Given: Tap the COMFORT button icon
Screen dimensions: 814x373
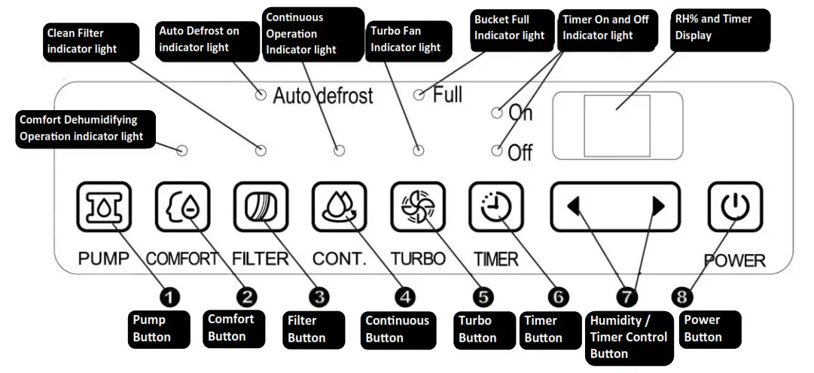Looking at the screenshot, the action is click(183, 206).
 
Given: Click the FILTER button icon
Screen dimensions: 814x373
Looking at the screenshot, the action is click(261, 206).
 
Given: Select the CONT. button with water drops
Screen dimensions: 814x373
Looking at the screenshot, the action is click(339, 206).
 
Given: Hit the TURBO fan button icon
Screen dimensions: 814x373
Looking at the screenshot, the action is click(418, 206).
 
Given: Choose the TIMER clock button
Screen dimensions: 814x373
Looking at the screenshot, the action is click(496, 206).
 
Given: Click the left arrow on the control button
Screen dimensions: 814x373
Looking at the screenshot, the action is click(574, 206).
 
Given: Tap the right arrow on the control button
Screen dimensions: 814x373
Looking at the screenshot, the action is click(658, 206).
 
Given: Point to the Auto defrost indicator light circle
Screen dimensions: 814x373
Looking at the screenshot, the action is click(261, 94).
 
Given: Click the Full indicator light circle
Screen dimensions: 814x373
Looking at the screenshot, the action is click(419, 94).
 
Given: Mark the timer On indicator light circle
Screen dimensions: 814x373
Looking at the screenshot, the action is click(497, 112).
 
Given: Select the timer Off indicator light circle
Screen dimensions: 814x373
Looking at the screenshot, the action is click(497, 151).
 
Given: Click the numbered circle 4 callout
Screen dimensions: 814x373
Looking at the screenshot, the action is click(405, 297).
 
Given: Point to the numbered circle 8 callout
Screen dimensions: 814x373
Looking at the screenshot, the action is click(681, 297).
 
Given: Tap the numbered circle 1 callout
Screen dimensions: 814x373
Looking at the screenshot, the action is click(169, 297).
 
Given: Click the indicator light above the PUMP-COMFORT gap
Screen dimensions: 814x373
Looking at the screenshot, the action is click(182, 151).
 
